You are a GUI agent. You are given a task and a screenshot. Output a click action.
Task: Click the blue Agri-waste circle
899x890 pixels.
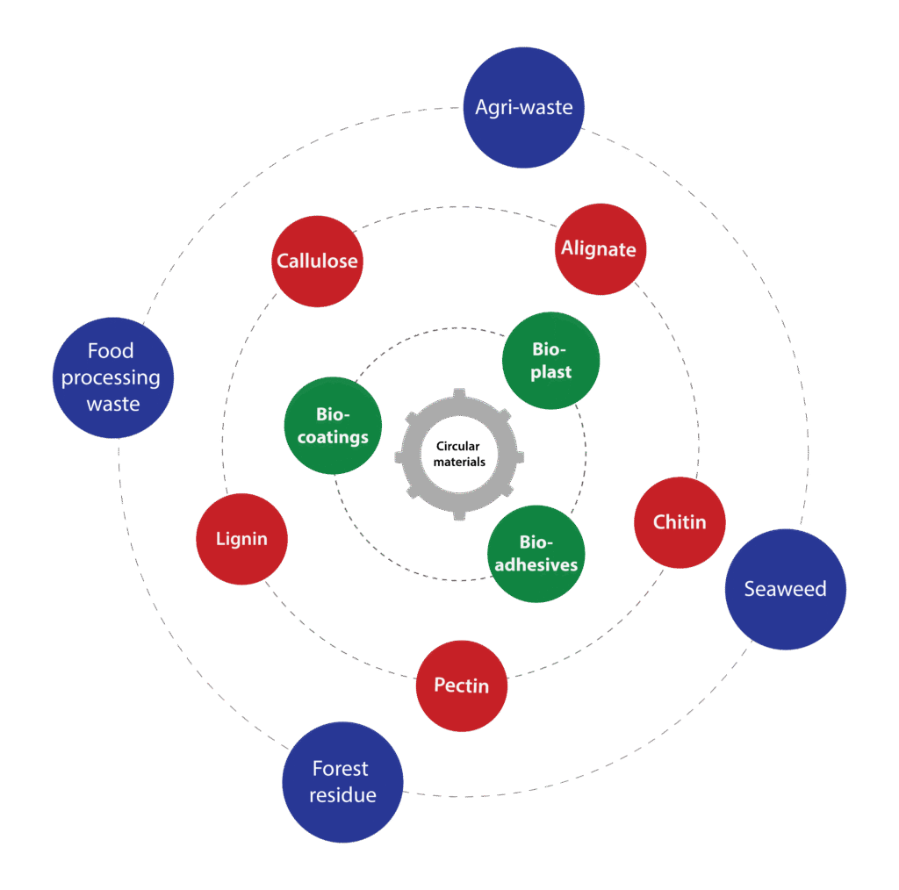523,107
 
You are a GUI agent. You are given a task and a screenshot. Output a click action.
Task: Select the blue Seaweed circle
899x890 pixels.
785,589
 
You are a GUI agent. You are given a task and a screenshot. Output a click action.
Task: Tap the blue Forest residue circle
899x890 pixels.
342,782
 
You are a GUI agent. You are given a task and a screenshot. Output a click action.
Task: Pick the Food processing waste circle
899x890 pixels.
113,377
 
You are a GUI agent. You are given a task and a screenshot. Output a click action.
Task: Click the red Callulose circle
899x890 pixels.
317,262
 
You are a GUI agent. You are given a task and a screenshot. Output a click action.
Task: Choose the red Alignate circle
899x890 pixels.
599,249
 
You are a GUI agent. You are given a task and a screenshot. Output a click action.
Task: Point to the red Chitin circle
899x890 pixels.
680,522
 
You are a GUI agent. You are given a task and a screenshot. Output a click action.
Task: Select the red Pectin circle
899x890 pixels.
462,685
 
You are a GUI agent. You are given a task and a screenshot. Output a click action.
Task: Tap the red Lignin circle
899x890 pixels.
241,539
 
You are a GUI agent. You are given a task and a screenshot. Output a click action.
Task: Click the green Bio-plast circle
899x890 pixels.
550,360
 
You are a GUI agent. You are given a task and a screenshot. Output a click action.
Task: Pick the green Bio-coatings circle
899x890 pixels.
333,426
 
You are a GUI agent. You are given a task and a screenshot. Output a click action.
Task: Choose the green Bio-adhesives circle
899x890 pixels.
536,554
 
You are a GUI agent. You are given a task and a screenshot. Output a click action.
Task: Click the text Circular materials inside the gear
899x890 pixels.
459,454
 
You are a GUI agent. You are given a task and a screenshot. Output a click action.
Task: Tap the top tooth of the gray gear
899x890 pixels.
459,395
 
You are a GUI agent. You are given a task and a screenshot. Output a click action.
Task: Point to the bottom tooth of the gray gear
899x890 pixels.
459,513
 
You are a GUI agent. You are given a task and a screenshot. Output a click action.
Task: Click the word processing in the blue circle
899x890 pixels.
111,378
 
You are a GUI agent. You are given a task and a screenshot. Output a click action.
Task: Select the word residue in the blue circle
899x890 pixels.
342,795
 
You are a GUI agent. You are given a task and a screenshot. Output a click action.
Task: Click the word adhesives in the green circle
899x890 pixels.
536,564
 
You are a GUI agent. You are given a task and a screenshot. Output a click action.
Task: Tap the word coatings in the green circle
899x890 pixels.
333,437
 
